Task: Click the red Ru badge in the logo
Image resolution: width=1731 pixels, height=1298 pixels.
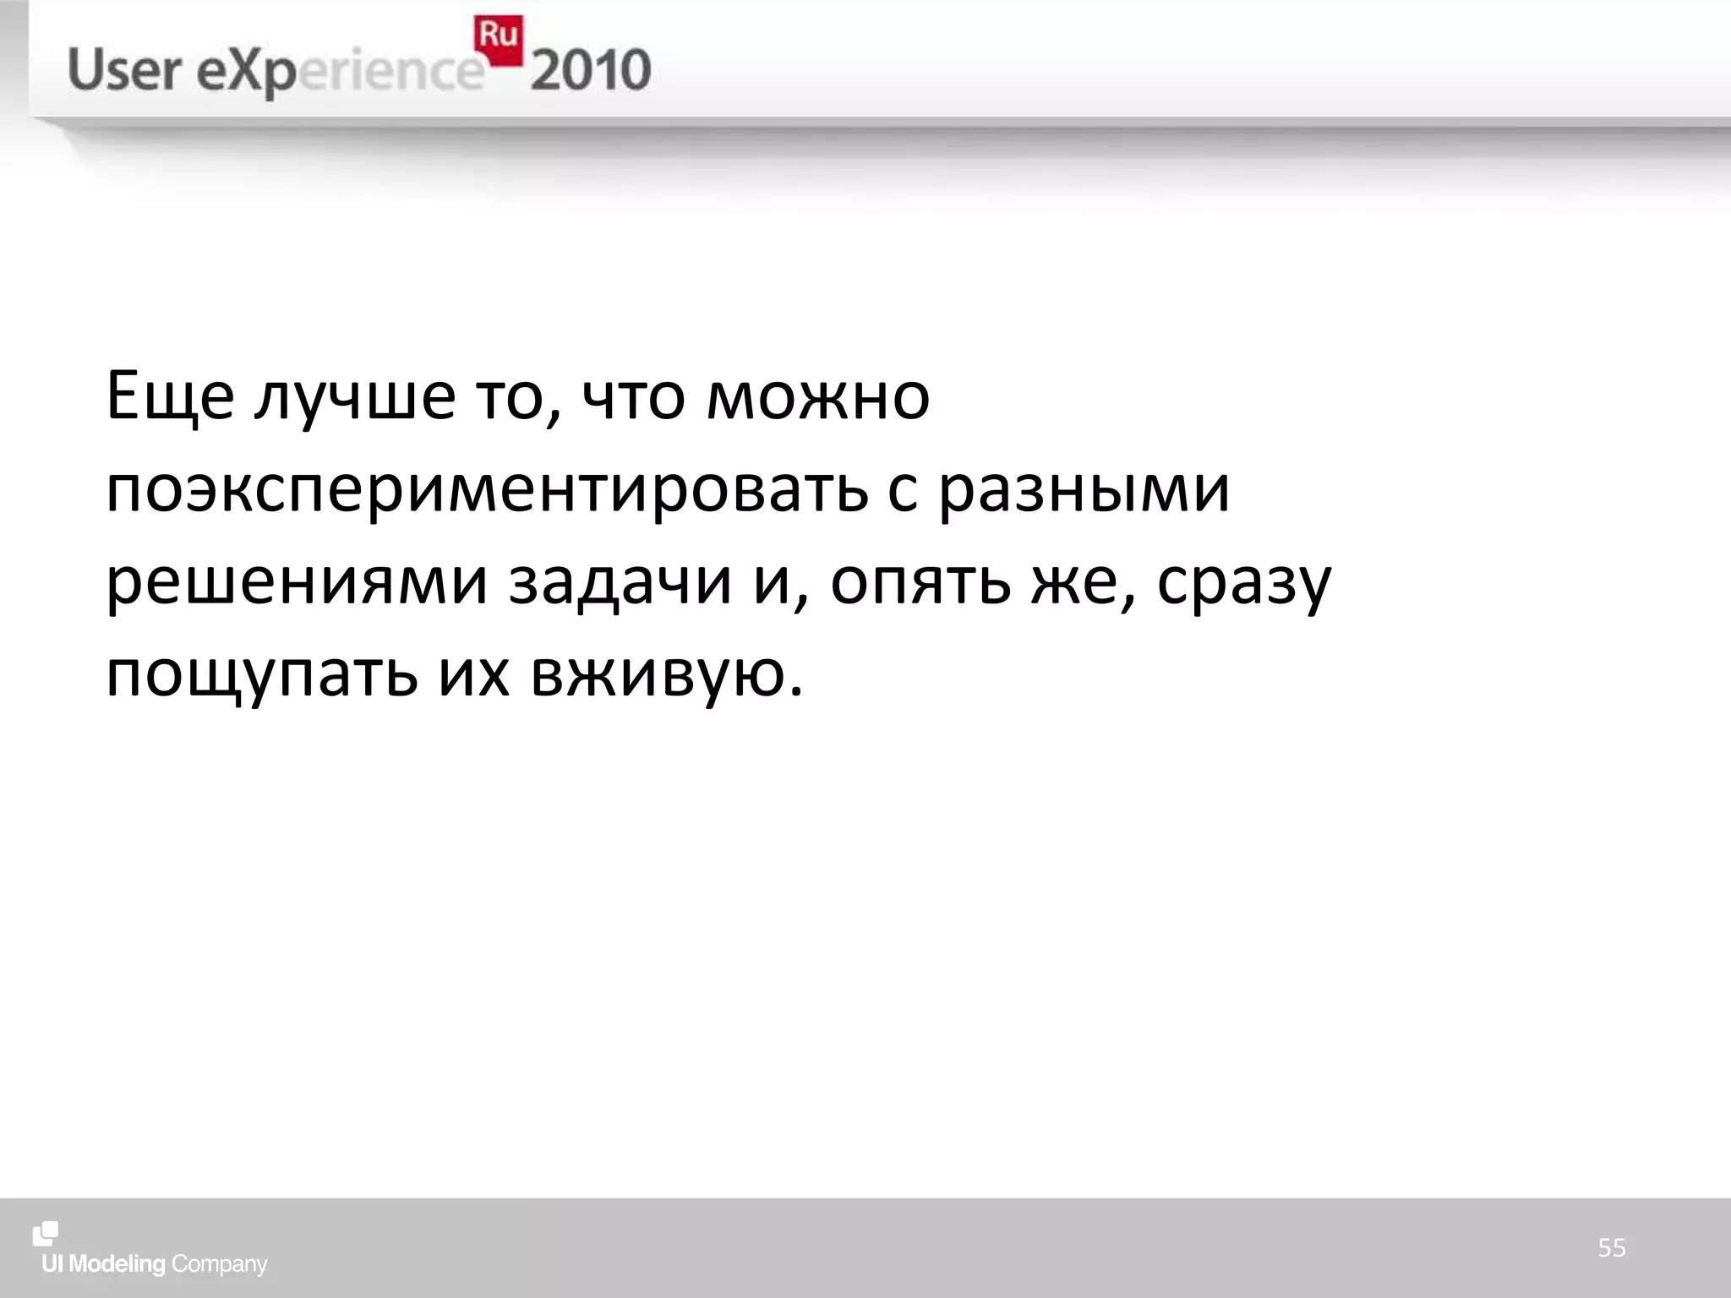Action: point(499,41)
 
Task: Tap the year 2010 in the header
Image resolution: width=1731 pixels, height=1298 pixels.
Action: point(591,70)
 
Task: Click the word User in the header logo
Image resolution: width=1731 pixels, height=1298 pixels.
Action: point(124,70)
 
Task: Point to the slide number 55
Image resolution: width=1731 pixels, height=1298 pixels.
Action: point(1611,1247)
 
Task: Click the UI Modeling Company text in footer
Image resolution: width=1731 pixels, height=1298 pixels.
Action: point(155,1264)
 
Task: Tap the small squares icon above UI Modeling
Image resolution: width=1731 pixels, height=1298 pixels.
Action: point(46,1234)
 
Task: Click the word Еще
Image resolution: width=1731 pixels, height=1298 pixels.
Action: point(170,397)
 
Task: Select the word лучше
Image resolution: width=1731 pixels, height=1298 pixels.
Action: point(355,397)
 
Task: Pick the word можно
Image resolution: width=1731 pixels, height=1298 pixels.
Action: point(817,397)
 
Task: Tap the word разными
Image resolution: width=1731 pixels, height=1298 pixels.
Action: point(1084,490)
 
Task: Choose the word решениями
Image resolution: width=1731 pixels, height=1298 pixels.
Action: point(297,583)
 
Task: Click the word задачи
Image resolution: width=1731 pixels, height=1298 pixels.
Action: point(620,583)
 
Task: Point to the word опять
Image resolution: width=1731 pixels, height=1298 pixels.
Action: point(920,583)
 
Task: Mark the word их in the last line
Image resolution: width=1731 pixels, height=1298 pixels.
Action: point(474,676)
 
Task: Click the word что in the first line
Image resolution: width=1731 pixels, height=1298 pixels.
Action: point(633,397)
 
